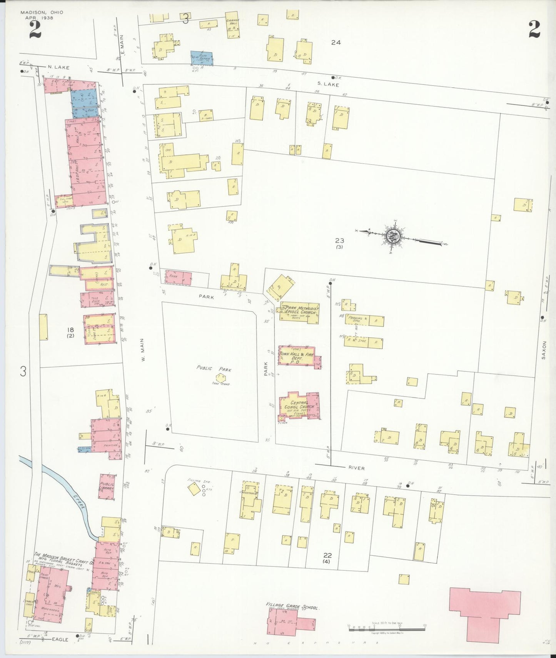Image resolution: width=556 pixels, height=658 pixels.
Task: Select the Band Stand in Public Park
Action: pyautogui.click(x=221, y=378)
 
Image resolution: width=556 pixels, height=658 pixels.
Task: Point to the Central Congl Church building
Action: pyautogui.click(x=299, y=406)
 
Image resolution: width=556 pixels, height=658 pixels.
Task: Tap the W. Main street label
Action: pyautogui.click(x=142, y=350)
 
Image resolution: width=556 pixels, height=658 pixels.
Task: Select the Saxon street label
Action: pyautogui.click(x=544, y=350)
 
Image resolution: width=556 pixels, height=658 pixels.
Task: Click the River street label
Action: pyautogui.click(x=356, y=468)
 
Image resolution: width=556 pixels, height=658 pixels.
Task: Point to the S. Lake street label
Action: pyautogui.click(x=328, y=84)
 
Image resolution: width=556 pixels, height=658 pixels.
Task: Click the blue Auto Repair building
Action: pyautogui.click(x=202, y=58)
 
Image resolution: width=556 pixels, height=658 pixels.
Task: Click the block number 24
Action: pyautogui.click(x=336, y=42)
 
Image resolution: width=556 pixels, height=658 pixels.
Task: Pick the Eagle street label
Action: pyautogui.click(x=60, y=639)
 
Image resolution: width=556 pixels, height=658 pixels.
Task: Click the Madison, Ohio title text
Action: pyautogui.click(x=42, y=13)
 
